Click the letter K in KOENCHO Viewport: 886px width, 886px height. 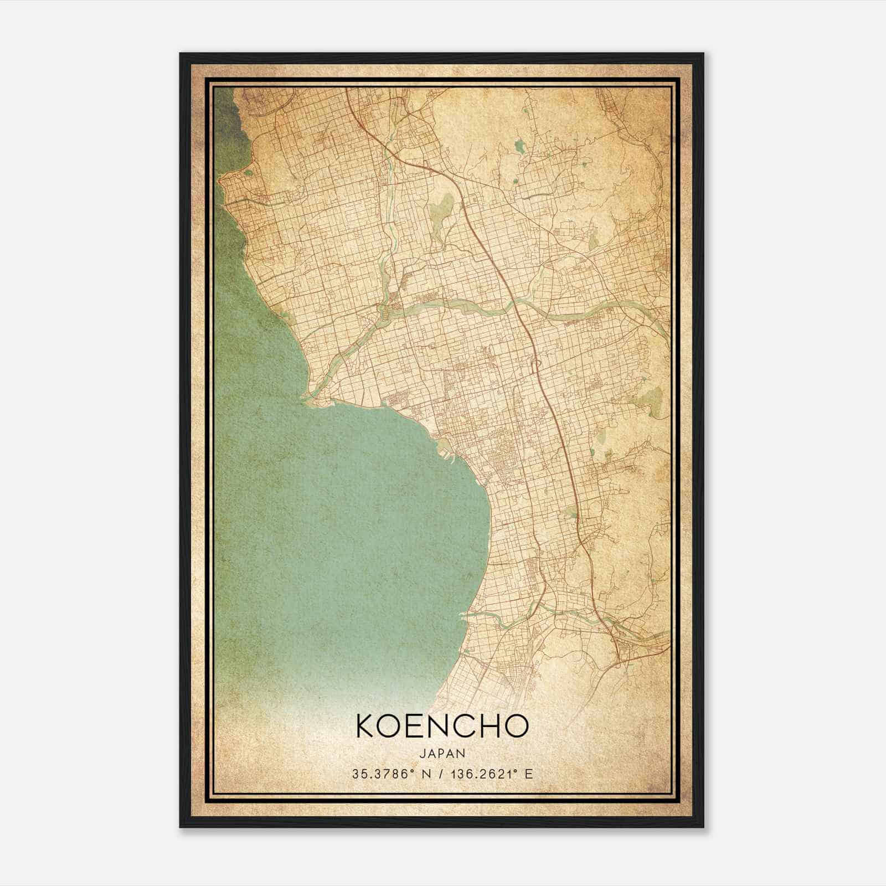[367, 726]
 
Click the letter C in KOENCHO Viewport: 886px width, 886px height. [461, 726]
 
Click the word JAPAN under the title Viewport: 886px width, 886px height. [442, 753]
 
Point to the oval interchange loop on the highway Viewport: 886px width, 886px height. [535, 366]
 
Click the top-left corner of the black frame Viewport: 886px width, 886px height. [181, 54]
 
